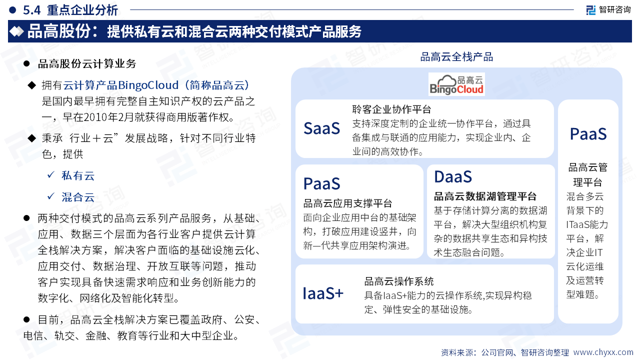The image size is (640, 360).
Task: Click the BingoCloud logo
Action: coord(456,84)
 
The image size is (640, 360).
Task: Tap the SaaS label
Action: coord(321,128)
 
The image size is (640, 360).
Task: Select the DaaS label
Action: coord(453,176)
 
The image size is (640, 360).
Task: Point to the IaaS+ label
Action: coord(323,293)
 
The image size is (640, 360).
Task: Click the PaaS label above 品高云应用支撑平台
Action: coord(321,183)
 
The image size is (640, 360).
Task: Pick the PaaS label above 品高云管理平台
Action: coord(588,134)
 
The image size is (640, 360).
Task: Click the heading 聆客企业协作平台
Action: coord(391,109)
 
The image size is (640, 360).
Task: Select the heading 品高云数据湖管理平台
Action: coord(485,196)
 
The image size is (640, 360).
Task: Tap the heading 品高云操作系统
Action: coord(399,281)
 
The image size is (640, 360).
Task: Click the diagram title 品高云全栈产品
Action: coord(456,57)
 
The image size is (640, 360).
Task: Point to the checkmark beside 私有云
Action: coord(51,174)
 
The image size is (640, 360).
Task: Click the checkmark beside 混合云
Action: coord(51,196)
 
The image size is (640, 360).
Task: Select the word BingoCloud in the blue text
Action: coord(148,85)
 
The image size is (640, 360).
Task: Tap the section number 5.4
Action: coord(31,10)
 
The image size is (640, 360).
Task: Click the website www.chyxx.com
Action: coord(603,352)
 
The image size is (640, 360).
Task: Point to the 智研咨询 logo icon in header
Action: coord(591,10)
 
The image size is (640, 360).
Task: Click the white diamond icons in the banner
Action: coord(16,31)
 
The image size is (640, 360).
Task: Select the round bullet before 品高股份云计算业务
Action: coord(26,63)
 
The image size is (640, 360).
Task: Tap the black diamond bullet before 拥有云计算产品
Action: coord(31,85)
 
